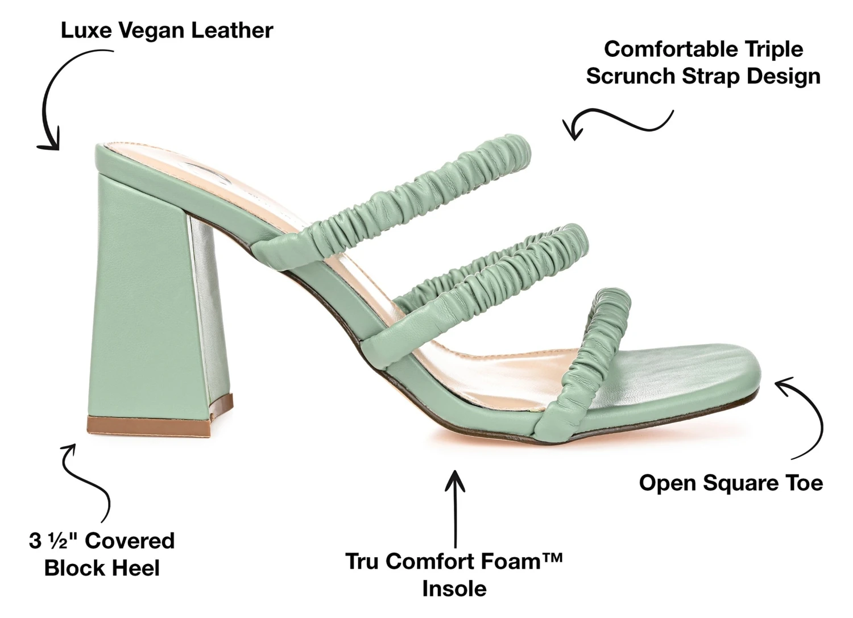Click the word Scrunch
[630, 76]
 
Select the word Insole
[454, 588]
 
